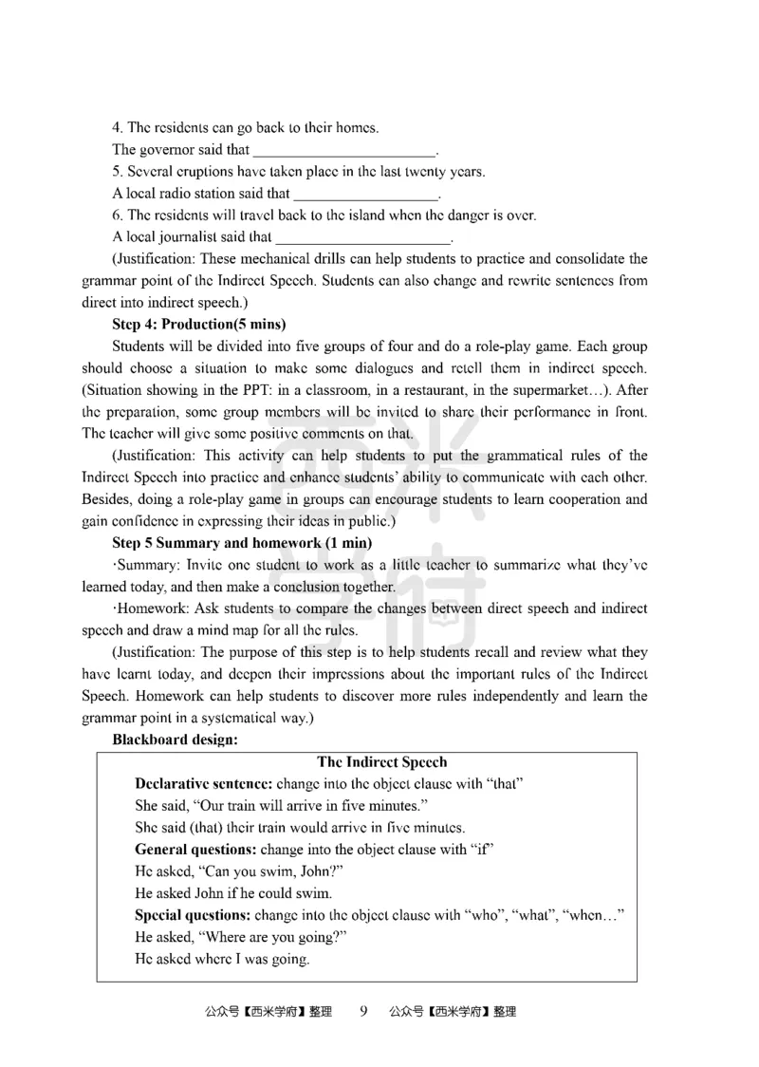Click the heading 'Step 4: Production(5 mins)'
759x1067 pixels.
[198, 324]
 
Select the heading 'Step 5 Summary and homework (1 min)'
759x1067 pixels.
[242, 543]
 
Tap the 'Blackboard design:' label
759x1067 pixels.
[175, 739]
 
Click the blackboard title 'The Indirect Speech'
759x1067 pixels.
[381, 762]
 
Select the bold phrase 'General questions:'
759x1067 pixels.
[195, 850]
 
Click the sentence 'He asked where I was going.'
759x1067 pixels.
[223, 959]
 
